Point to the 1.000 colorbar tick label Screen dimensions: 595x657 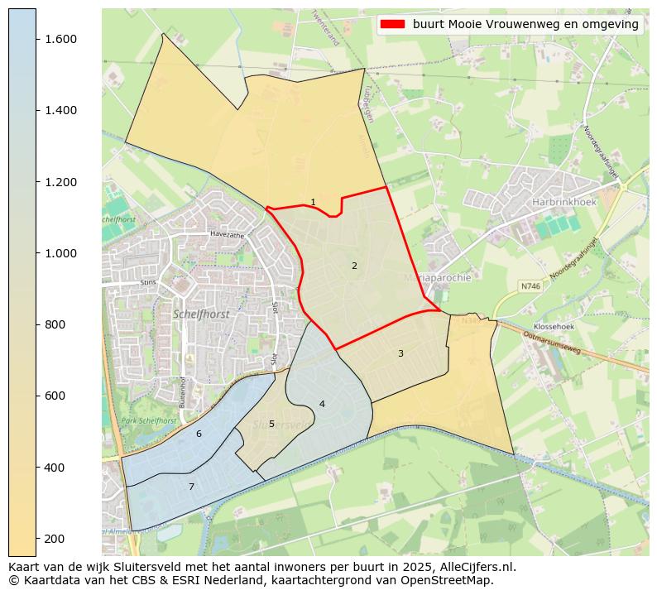pos(61,253)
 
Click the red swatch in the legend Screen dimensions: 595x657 pos(392,24)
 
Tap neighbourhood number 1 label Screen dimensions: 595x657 pos(313,202)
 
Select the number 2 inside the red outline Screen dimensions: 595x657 pos(354,266)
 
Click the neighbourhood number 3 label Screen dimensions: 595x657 pos(400,353)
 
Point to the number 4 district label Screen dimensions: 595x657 pos(322,404)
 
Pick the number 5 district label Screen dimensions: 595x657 pos(271,424)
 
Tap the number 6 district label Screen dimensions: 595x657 pos(199,434)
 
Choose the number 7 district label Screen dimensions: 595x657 pos(191,487)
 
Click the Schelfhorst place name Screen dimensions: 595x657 pos(201,314)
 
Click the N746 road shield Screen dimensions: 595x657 pos(530,286)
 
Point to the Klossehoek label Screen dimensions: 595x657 pos(554,327)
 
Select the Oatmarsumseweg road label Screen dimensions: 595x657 pos(552,340)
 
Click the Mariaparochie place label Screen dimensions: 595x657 pos(439,277)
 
